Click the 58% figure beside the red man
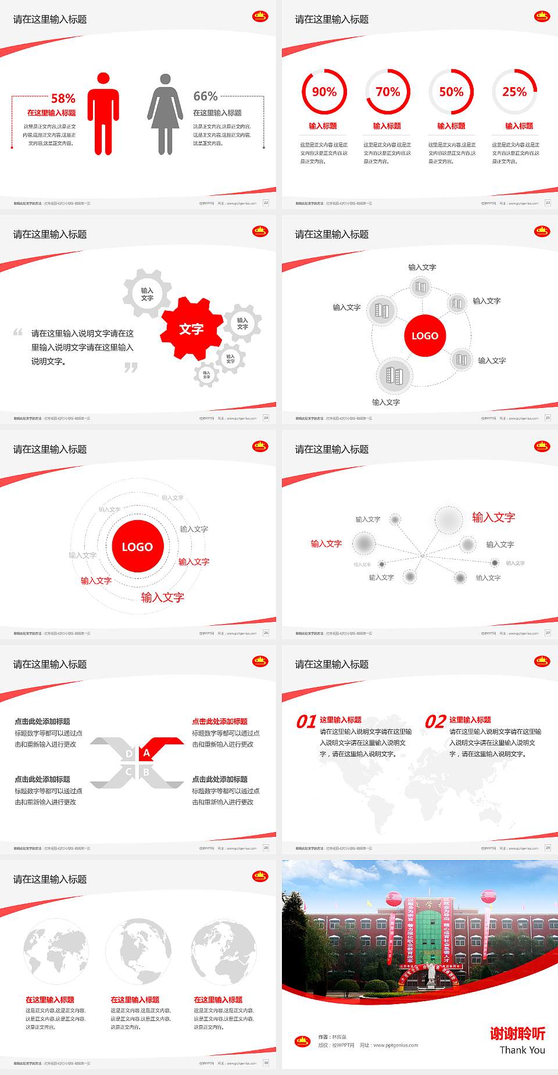[x=63, y=98]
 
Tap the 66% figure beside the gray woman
[x=205, y=96]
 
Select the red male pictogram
[x=103, y=114]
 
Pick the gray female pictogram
[x=165, y=114]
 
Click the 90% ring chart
[x=324, y=92]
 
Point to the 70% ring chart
[x=388, y=92]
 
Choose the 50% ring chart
[x=451, y=92]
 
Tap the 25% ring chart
[x=514, y=92]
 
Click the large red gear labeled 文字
[x=191, y=329]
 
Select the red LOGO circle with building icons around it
[x=425, y=336]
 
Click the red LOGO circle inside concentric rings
[x=137, y=547]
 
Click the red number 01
[x=306, y=722]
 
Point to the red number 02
[x=435, y=722]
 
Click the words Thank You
[x=522, y=1050]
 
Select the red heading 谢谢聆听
[x=517, y=1033]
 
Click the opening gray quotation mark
[x=18, y=332]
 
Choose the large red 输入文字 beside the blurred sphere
[x=493, y=517]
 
